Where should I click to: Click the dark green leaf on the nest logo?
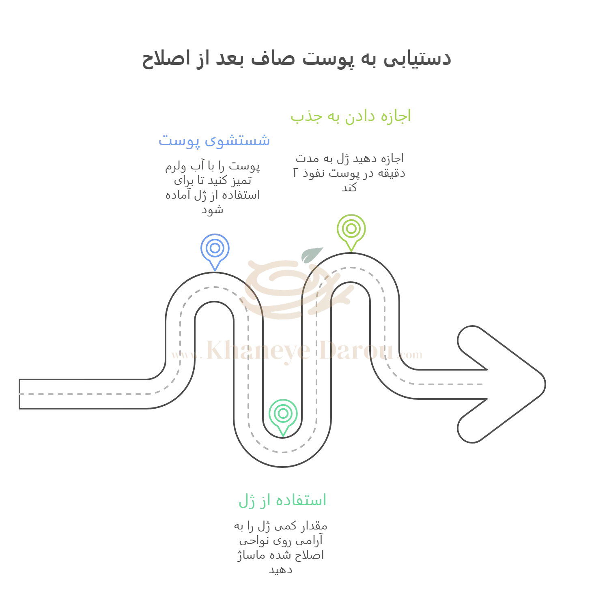312,254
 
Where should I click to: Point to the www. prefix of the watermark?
186,355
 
